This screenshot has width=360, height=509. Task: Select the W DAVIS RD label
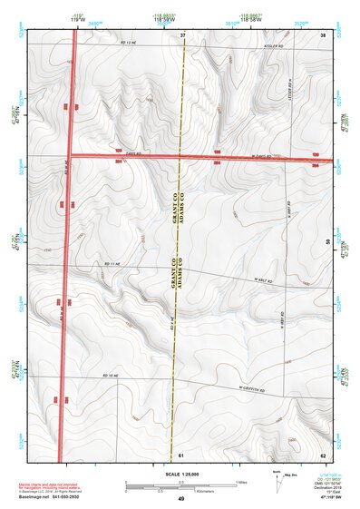pyautogui.click(x=260, y=156)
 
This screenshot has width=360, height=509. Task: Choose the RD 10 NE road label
pyautogui.click(x=112, y=375)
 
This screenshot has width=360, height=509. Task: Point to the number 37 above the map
pyautogui.click(x=182, y=34)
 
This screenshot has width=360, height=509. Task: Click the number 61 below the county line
pyautogui.click(x=181, y=454)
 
